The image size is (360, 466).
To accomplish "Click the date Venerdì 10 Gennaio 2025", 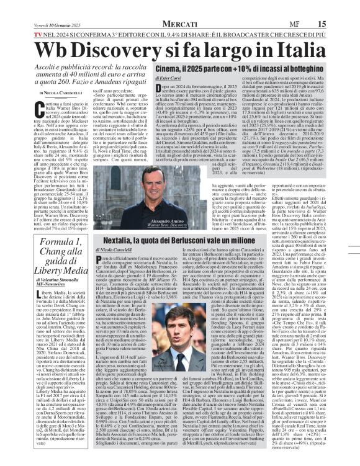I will click(43, 6).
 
